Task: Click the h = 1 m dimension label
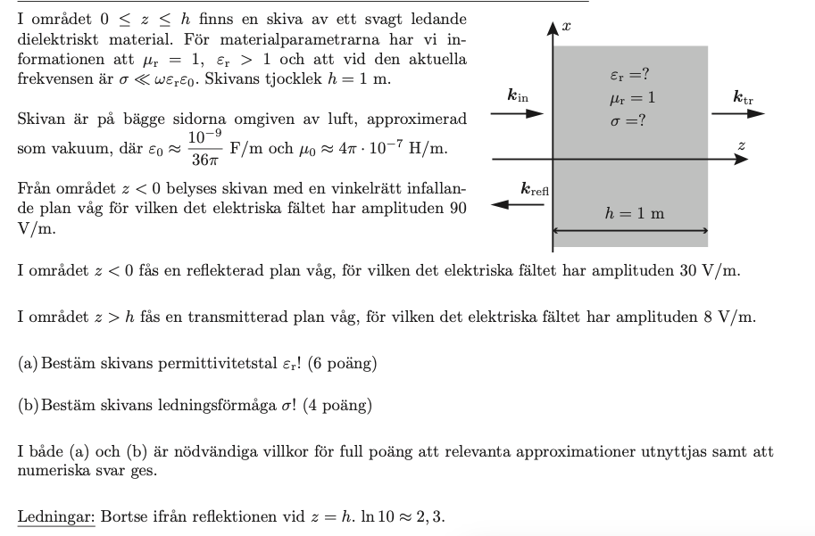coord(635,213)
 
